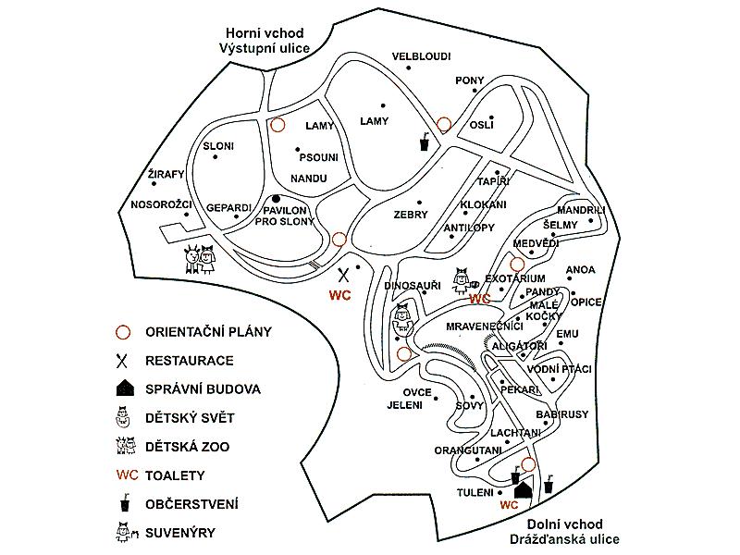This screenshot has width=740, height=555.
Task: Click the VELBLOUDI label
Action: click(x=421, y=56)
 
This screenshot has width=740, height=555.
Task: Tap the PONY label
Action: click(x=470, y=81)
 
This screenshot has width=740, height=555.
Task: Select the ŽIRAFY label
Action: click(x=166, y=174)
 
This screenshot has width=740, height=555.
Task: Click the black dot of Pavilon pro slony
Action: click(x=275, y=199)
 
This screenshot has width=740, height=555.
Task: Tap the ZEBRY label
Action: click(x=411, y=215)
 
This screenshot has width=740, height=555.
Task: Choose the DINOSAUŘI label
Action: click(x=413, y=286)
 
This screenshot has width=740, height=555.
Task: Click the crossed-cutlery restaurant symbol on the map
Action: click(x=344, y=274)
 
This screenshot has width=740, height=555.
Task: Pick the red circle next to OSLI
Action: click(x=444, y=124)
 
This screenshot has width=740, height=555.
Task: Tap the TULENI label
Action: click(x=475, y=492)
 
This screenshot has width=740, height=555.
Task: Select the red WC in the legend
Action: click(x=127, y=475)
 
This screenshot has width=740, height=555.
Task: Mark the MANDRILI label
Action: click(x=581, y=210)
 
